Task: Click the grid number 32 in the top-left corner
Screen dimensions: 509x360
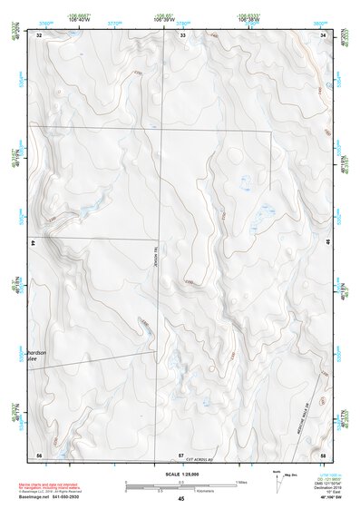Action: (39, 35)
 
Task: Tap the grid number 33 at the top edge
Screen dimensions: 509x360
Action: (182, 35)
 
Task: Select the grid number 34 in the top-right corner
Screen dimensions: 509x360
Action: (324, 35)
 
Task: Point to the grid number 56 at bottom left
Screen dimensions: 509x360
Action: (39, 454)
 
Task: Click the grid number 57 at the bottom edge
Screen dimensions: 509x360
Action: (180, 454)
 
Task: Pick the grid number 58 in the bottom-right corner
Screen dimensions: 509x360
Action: (324, 454)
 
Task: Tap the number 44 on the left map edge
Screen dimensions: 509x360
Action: (34, 243)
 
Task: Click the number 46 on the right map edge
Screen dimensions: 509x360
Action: (328, 243)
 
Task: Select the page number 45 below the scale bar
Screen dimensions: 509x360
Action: (181, 499)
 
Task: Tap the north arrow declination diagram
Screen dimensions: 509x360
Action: (277, 478)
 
